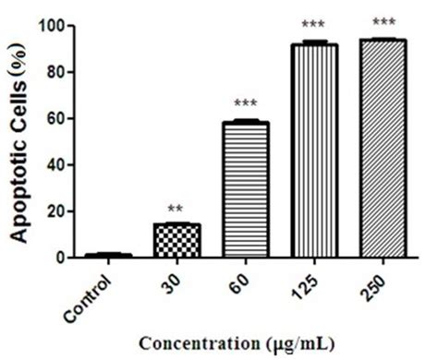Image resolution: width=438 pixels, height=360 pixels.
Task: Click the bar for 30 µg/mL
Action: [176, 241]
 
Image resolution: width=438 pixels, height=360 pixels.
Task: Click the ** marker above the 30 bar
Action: [176, 210]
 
